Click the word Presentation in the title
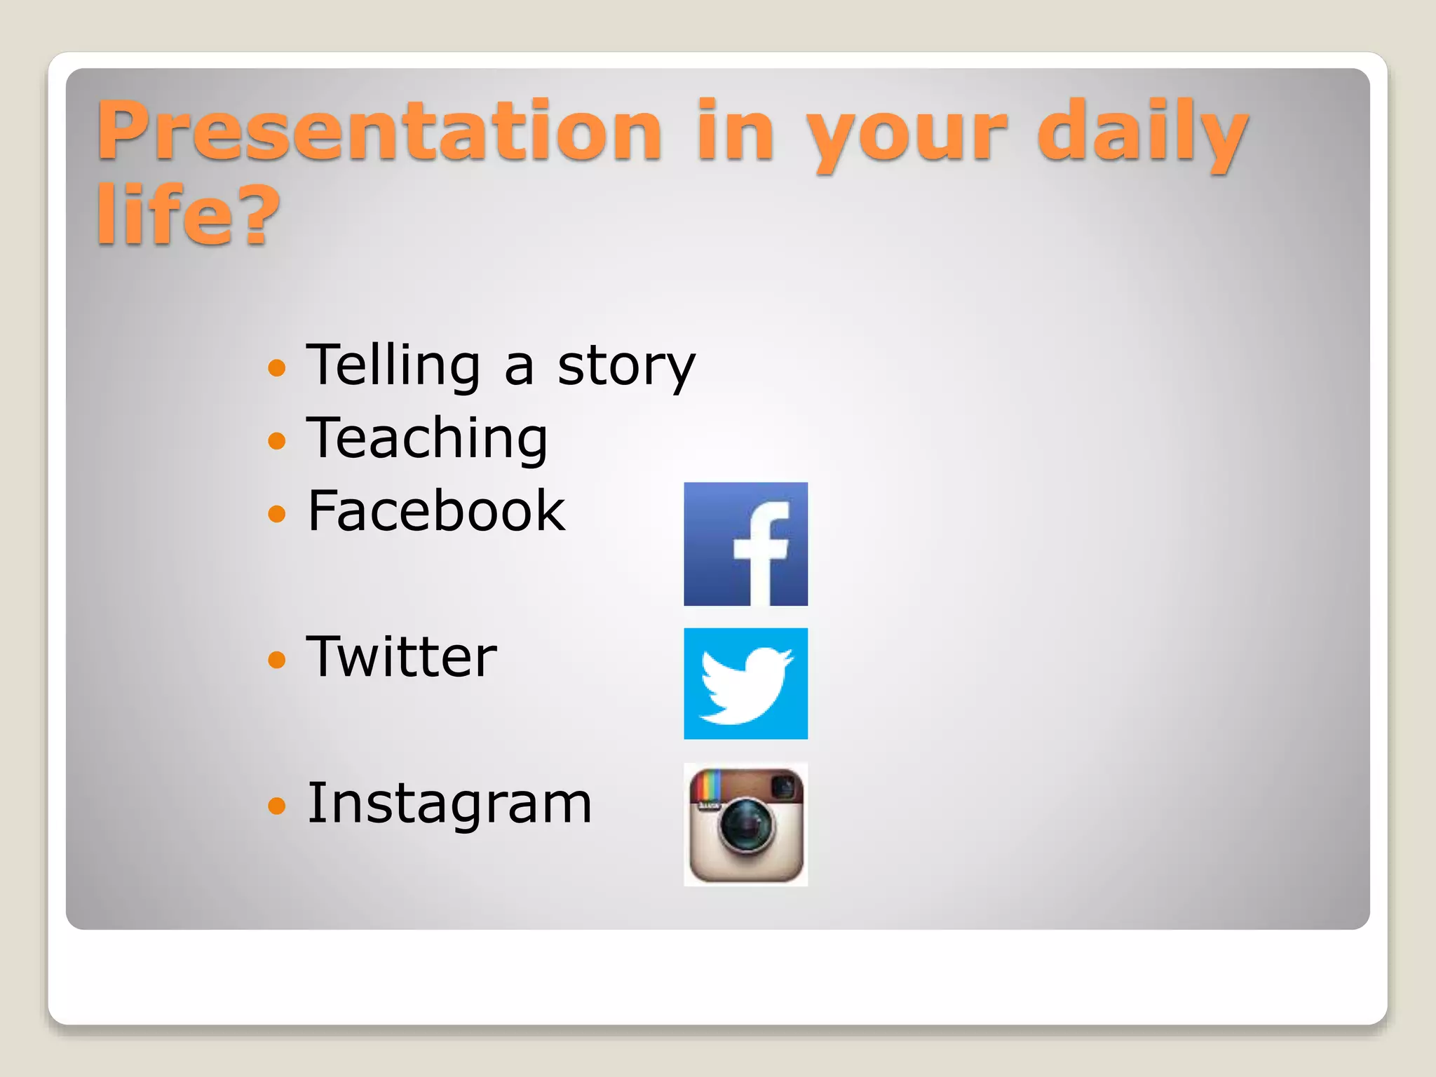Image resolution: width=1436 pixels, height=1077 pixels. pyautogui.click(x=379, y=132)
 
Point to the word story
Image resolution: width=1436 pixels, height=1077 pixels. pyautogui.click(x=625, y=367)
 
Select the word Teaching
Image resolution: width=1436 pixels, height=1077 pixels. pyautogui.click(x=426, y=440)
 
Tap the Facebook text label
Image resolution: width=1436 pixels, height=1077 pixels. pyautogui.click(x=435, y=511)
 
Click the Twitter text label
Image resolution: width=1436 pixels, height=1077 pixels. pyautogui.click(x=401, y=657)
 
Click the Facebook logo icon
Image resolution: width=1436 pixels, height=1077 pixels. pyautogui.click(x=745, y=544)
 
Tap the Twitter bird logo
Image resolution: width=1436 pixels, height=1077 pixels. pyautogui.click(x=745, y=684)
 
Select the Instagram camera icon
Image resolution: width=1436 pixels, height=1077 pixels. pyautogui.click(x=745, y=825)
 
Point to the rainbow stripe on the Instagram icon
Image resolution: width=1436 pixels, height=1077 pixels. pyautogui.click(x=707, y=786)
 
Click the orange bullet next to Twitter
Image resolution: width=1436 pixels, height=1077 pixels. pyautogui.click(x=278, y=659)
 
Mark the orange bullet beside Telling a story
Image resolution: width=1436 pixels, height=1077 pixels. pyautogui.click(x=278, y=367)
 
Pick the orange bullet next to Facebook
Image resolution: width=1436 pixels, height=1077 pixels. pyautogui.click(x=278, y=513)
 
